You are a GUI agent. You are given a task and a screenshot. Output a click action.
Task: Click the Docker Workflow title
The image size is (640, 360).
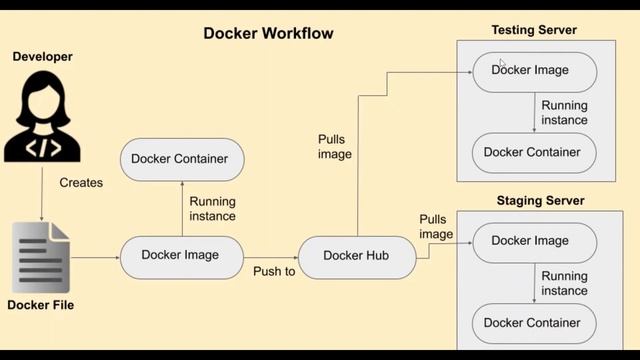pyautogui.click(x=268, y=33)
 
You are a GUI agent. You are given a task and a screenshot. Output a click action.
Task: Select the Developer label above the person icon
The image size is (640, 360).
pyautogui.click(x=43, y=57)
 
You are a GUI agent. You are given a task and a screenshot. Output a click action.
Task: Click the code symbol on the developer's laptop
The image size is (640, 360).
pyautogui.click(x=42, y=148)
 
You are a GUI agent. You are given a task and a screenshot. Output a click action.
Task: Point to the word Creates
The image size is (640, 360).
pyautogui.click(x=81, y=183)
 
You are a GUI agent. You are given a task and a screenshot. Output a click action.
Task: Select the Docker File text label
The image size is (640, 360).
pyautogui.click(x=41, y=305)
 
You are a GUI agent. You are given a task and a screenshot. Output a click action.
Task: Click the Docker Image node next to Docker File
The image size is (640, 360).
pyautogui.click(x=182, y=256)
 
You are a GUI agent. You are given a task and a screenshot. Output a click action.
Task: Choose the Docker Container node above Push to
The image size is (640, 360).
pyautogui.click(x=182, y=159)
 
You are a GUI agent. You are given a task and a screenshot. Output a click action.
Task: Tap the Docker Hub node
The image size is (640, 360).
pyautogui.click(x=356, y=256)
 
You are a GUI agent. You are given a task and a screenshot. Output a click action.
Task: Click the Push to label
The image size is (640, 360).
pyautogui.click(x=273, y=271)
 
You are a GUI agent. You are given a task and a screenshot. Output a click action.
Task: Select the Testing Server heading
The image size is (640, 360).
pyautogui.click(x=534, y=30)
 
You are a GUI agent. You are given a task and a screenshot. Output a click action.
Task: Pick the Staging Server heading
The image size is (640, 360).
pyautogui.click(x=540, y=201)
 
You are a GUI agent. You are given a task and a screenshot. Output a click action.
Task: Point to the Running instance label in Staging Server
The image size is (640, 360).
pyautogui.click(x=564, y=284)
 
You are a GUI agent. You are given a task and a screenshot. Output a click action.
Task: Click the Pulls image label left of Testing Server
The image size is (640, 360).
pyautogui.click(x=335, y=147)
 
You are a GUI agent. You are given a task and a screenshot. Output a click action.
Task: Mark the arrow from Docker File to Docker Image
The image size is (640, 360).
pyautogui.click(x=95, y=257)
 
